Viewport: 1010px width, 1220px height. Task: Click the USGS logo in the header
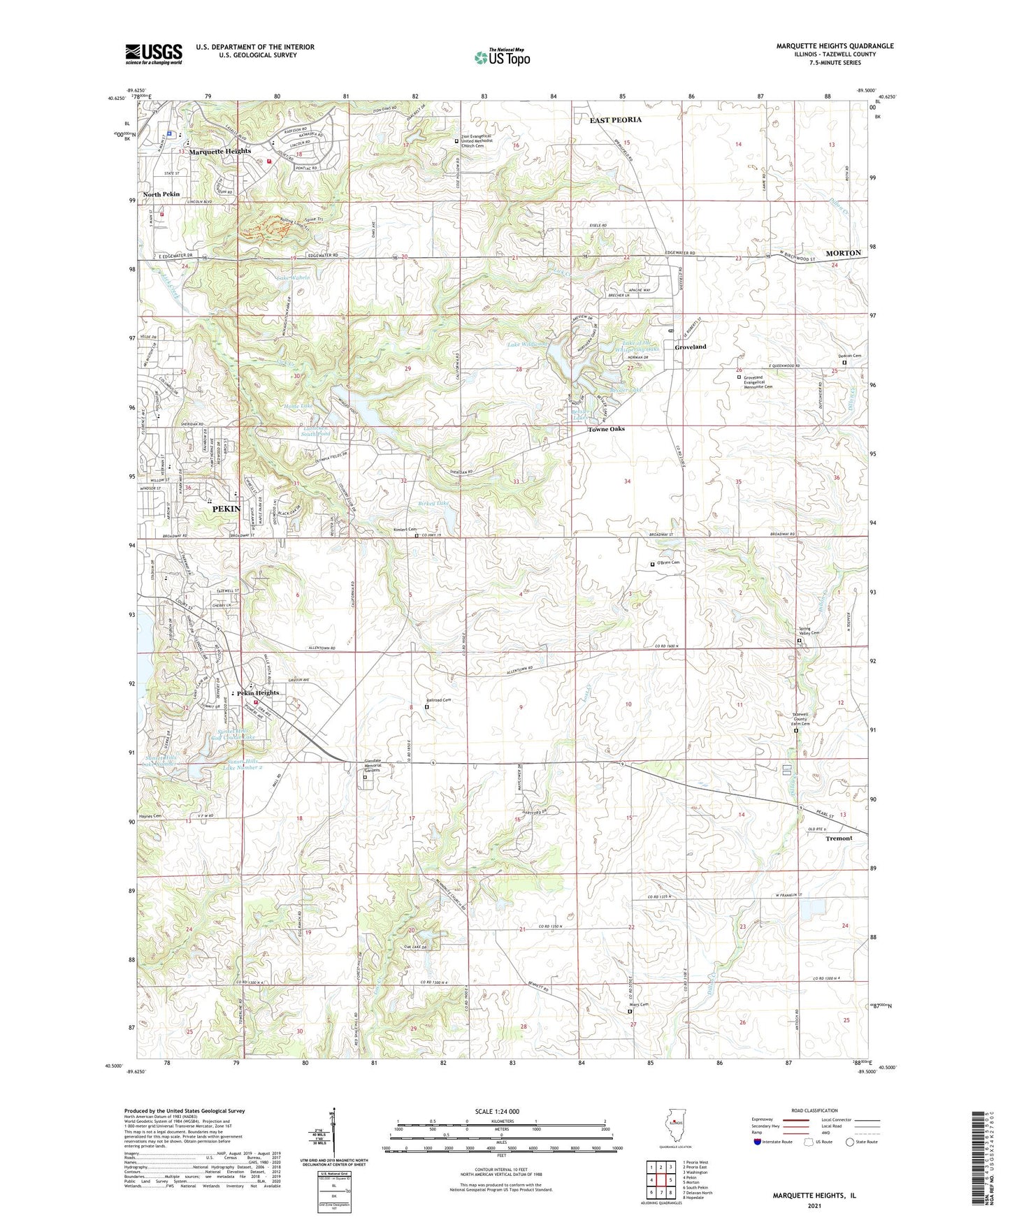coord(154,54)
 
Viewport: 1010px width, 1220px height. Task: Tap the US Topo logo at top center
coord(501,57)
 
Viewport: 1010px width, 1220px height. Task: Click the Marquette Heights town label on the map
coord(219,151)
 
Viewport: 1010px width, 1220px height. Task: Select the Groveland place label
coord(690,347)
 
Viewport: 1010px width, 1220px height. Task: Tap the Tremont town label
coord(839,838)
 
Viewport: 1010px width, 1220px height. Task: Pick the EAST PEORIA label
coord(615,119)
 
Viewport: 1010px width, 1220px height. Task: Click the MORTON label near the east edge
coord(843,252)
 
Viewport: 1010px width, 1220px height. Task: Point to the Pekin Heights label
coord(258,692)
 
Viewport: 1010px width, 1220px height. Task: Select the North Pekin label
coord(161,194)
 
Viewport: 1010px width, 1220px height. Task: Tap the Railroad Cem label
coord(439,700)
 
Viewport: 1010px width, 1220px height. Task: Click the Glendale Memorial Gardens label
coord(373,766)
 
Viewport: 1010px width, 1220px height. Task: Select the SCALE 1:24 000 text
coord(497,1111)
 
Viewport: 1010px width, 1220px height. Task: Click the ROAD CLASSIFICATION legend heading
coord(814,1110)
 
